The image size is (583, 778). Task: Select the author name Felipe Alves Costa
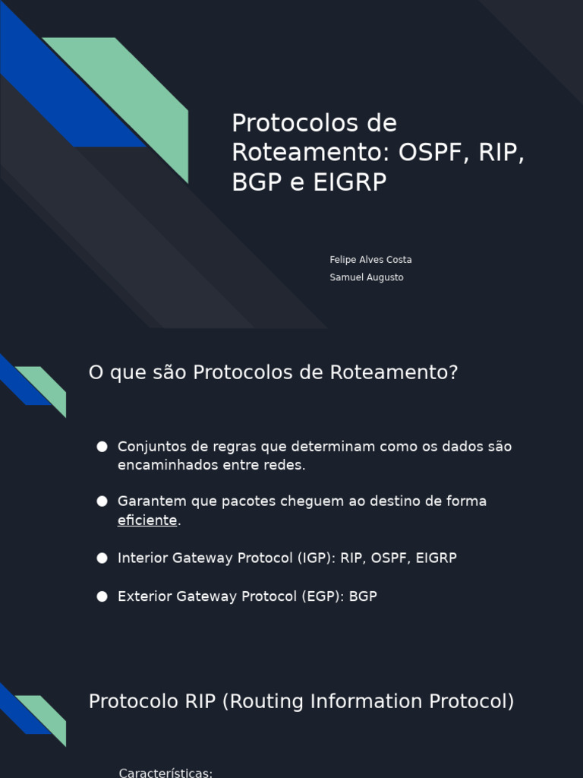pyautogui.click(x=370, y=260)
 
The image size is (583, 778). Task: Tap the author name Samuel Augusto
pyautogui.click(x=367, y=277)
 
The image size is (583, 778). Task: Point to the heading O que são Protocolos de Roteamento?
pyautogui.click(x=273, y=372)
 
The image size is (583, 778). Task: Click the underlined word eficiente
pyautogui.click(x=147, y=520)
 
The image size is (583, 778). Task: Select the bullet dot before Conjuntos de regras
pyautogui.click(x=102, y=447)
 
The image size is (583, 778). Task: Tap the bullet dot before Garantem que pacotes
pyautogui.click(x=102, y=501)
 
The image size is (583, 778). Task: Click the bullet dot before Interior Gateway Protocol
pyautogui.click(x=102, y=558)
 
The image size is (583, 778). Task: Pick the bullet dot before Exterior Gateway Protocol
pyautogui.click(x=102, y=596)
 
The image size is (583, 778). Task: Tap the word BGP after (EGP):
pyautogui.click(x=363, y=596)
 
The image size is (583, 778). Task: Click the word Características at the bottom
pyautogui.click(x=165, y=773)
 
